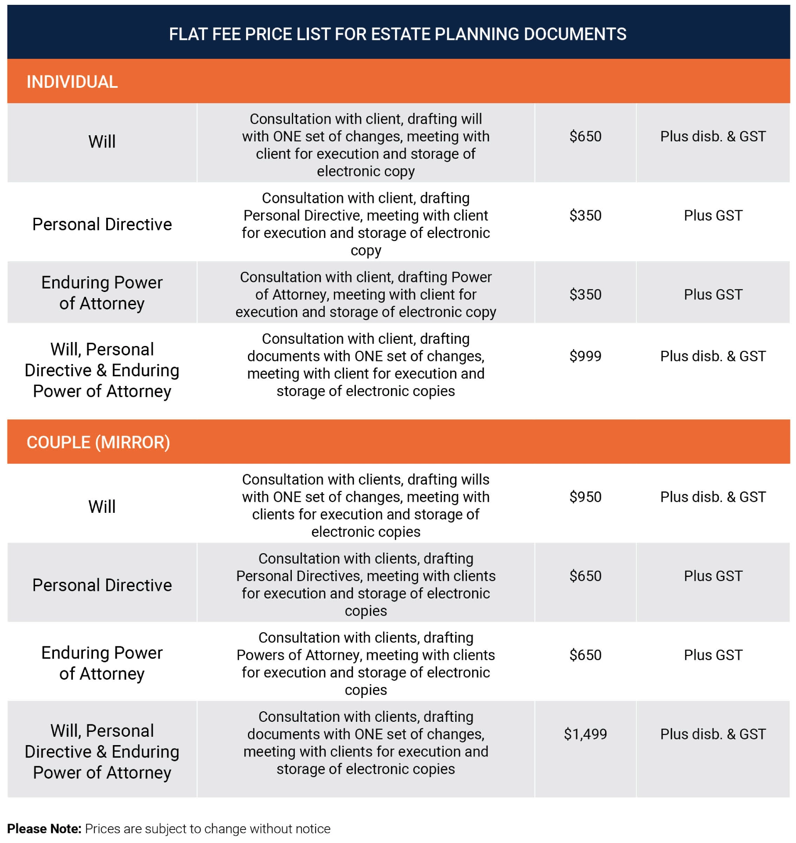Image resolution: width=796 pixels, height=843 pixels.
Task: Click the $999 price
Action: [x=585, y=356]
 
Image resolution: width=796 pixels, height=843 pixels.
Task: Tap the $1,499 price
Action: [x=585, y=734]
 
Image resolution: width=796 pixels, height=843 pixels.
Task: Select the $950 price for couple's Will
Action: [x=585, y=497]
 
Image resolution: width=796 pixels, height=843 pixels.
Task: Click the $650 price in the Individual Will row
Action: [x=585, y=137]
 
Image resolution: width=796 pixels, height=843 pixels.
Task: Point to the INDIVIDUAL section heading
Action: [x=72, y=82]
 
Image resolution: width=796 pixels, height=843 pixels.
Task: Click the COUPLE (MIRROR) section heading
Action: [x=98, y=443]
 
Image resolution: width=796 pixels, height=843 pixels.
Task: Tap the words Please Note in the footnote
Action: [x=44, y=829]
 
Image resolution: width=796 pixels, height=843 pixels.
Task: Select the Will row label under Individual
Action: [x=102, y=142]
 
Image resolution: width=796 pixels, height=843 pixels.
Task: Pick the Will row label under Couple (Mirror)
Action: [x=102, y=507]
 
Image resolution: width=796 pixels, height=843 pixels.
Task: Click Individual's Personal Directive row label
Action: [x=102, y=224]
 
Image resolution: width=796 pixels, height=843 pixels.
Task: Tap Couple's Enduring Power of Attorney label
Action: [x=102, y=663]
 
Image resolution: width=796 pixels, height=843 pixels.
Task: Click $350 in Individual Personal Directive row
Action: [x=585, y=216]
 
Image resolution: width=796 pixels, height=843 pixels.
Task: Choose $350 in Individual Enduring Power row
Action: [x=585, y=295]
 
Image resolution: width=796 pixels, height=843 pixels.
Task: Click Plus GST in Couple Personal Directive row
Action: [x=713, y=576]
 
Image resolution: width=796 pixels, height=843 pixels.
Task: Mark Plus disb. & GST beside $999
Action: [x=713, y=356]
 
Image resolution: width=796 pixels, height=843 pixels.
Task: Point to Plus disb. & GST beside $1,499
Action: [x=713, y=734]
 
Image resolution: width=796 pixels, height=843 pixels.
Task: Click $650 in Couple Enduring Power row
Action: [x=585, y=655]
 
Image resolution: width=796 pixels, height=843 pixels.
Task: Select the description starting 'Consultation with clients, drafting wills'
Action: [x=366, y=505]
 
